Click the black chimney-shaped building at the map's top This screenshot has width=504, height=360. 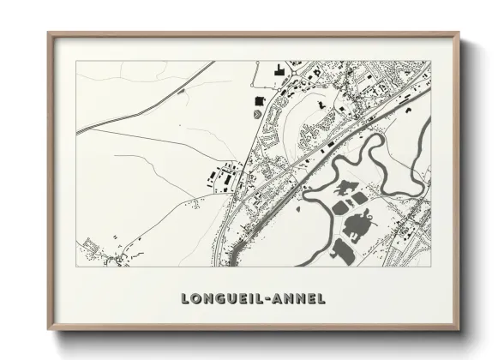[x=278, y=70]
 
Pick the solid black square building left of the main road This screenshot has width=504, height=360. [x=257, y=102]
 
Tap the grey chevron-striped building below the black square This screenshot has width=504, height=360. [x=257, y=115]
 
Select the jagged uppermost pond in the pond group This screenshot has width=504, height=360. [x=346, y=187]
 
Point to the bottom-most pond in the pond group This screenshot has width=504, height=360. [x=340, y=250]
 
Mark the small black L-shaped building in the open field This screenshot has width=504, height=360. [x=321, y=104]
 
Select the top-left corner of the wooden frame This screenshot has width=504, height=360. [x=50, y=34]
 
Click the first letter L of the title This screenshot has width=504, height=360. [x=186, y=298]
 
